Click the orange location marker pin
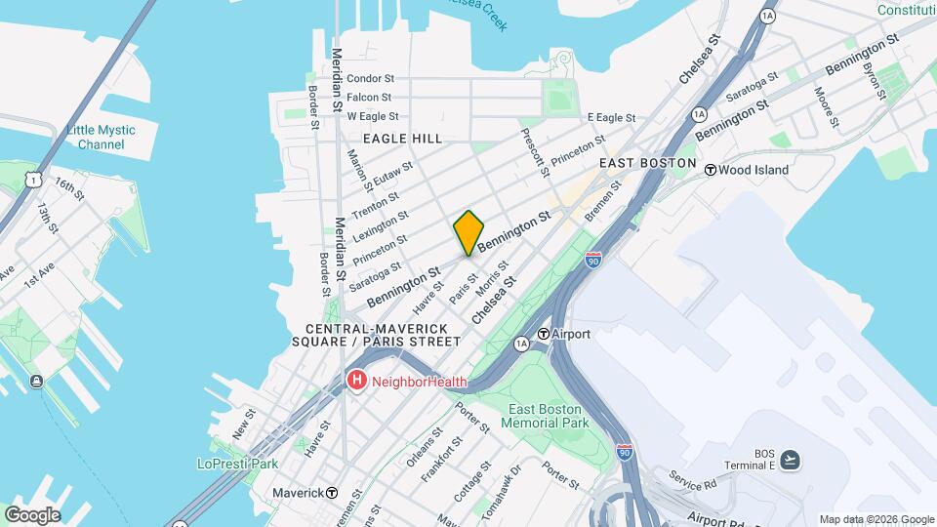point(468,232)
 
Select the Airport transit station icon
point(544,334)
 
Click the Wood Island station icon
point(711,170)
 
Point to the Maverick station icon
point(333,493)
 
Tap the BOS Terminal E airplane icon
point(790,459)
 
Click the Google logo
point(32,514)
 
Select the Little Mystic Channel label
point(102,138)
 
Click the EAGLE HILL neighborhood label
point(403,140)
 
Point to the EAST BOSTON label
point(648,163)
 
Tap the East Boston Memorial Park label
point(546,416)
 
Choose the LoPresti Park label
point(237,464)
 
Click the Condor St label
point(370,78)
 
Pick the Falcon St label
point(369,98)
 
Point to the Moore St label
point(828,106)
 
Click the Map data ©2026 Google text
point(876,519)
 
